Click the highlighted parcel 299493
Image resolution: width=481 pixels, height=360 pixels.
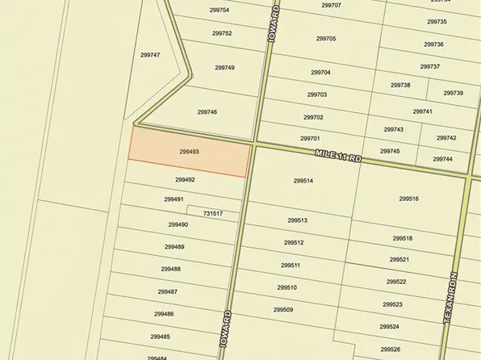pyautogui.click(x=189, y=152)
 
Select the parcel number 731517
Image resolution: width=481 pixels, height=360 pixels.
pyautogui.click(x=213, y=214)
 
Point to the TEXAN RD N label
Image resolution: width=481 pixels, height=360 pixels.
pyautogui.click(x=453, y=299)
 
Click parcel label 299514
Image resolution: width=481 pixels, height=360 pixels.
pyautogui.click(x=303, y=181)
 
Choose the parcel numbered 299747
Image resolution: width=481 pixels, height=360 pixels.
pyautogui.click(x=150, y=55)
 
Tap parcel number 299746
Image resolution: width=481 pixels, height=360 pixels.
pyautogui.click(x=207, y=112)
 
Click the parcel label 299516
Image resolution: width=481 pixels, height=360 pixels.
pyautogui.click(x=408, y=199)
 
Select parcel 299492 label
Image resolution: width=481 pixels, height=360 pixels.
pyautogui.click(x=185, y=180)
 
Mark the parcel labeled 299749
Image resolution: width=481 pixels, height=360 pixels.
pyautogui.click(x=224, y=68)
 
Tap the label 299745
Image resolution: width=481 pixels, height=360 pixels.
pyautogui.click(x=390, y=152)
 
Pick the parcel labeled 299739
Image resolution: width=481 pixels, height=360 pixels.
pyautogui.click(x=453, y=94)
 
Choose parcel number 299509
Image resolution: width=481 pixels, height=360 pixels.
pyautogui.click(x=283, y=310)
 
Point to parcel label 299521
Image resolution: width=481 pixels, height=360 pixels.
pyautogui.click(x=399, y=260)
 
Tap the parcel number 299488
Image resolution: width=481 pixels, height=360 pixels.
pyautogui.click(x=170, y=270)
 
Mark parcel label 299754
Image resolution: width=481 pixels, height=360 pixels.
pyautogui.click(x=220, y=10)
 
